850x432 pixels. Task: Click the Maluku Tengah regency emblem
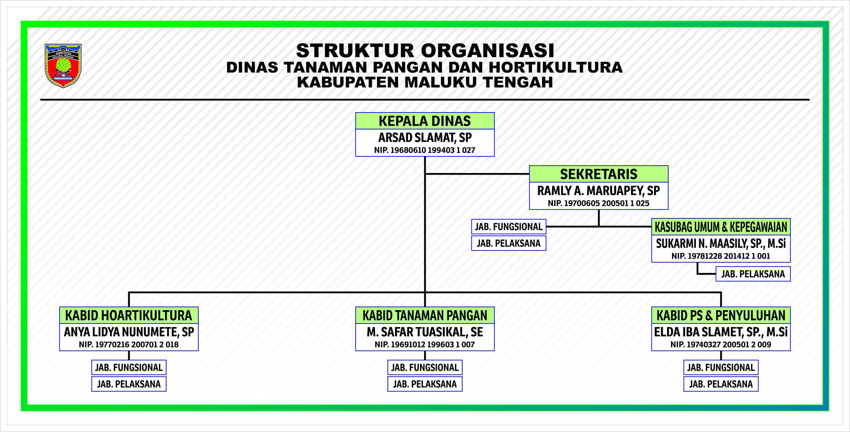pos(63,66)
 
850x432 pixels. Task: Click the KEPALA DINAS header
pos(425,121)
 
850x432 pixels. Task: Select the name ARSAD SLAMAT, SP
pos(425,137)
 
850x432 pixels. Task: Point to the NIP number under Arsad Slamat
pos(425,150)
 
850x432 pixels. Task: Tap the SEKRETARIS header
pos(599,174)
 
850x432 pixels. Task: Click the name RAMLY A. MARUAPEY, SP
pos(599,191)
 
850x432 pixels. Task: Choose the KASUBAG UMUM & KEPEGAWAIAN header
pos(721,227)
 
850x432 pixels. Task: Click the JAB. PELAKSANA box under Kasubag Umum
pos(753,274)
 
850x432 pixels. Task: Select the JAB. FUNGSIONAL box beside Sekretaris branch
pos(509,227)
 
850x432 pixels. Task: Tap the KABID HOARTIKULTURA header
pos(129,315)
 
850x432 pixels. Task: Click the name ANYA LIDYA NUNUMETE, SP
pos(129,332)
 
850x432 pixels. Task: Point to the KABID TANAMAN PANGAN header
pos(425,315)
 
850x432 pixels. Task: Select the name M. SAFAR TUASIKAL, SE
pos(425,332)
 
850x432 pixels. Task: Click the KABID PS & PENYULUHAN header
pos(721,315)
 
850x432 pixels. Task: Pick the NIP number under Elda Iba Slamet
pos(721,345)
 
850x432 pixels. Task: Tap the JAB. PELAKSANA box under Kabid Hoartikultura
pos(129,384)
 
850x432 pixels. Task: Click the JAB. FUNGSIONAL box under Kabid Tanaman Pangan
pos(425,368)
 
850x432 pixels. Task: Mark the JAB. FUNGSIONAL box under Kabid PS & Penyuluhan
pos(721,368)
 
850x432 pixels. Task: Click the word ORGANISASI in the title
pos(488,51)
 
